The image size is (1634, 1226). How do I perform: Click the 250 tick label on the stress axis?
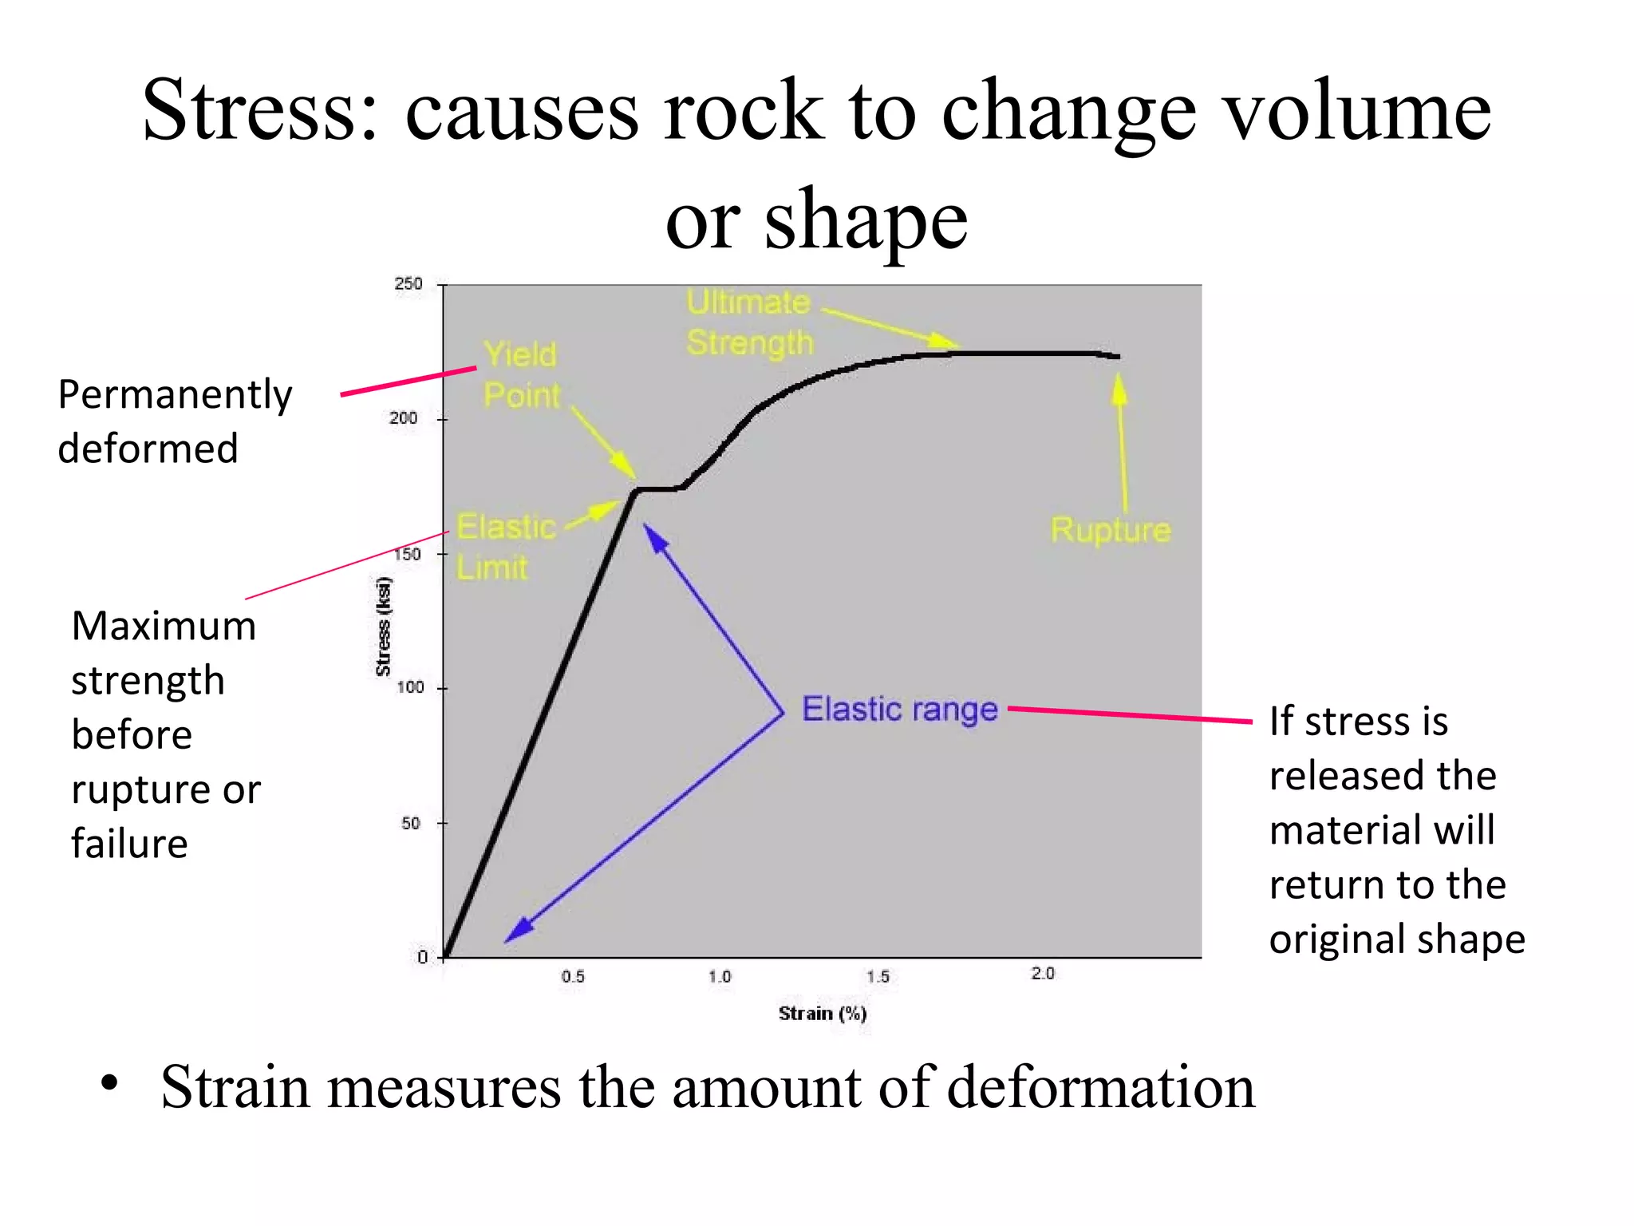(408, 284)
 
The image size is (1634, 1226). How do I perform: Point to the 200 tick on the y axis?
(404, 418)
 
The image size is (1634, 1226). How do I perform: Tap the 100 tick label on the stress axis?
(409, 687)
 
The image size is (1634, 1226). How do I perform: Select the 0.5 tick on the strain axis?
(573, 976)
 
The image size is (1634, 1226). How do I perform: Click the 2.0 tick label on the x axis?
(1043, 974)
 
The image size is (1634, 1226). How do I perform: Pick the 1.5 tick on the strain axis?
(878, 976)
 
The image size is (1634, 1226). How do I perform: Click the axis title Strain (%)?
(822, 1014)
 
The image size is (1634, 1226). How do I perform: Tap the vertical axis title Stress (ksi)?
(384, 627)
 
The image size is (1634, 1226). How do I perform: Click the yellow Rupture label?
(1110, 530)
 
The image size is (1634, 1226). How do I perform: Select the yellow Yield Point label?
(521, 374)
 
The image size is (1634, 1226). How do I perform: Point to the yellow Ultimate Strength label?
(749, 322)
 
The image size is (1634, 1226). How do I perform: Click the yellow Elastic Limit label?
(504, 548)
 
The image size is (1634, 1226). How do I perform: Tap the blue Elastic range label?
(899, 710)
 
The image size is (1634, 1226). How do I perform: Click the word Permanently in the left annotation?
(175, 395)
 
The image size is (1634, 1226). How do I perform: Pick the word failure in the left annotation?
(129, 844)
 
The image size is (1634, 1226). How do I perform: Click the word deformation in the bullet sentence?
(1101, 1087)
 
